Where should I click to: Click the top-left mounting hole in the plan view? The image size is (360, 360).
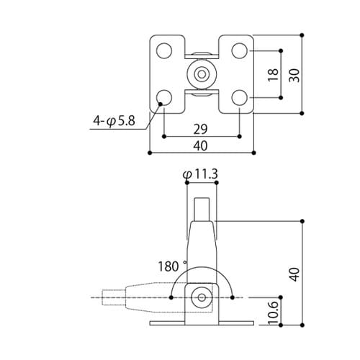[x=164, y=50]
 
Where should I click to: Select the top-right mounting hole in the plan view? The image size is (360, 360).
[x=240, y=50]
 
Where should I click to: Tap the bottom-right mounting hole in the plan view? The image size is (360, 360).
[x=240, y=98]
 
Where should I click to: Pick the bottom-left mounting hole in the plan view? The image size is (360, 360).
[x=164, y=98]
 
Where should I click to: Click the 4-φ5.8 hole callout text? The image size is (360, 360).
[x=114, y=121]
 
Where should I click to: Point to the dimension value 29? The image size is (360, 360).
[x=200, y=129]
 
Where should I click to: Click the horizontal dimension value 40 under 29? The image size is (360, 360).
[x=200, y=145]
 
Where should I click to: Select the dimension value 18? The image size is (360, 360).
[x=273, y=75]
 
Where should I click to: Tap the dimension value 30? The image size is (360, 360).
[x=294, y=76]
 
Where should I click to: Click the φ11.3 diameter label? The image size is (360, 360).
[x=200, y=174]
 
